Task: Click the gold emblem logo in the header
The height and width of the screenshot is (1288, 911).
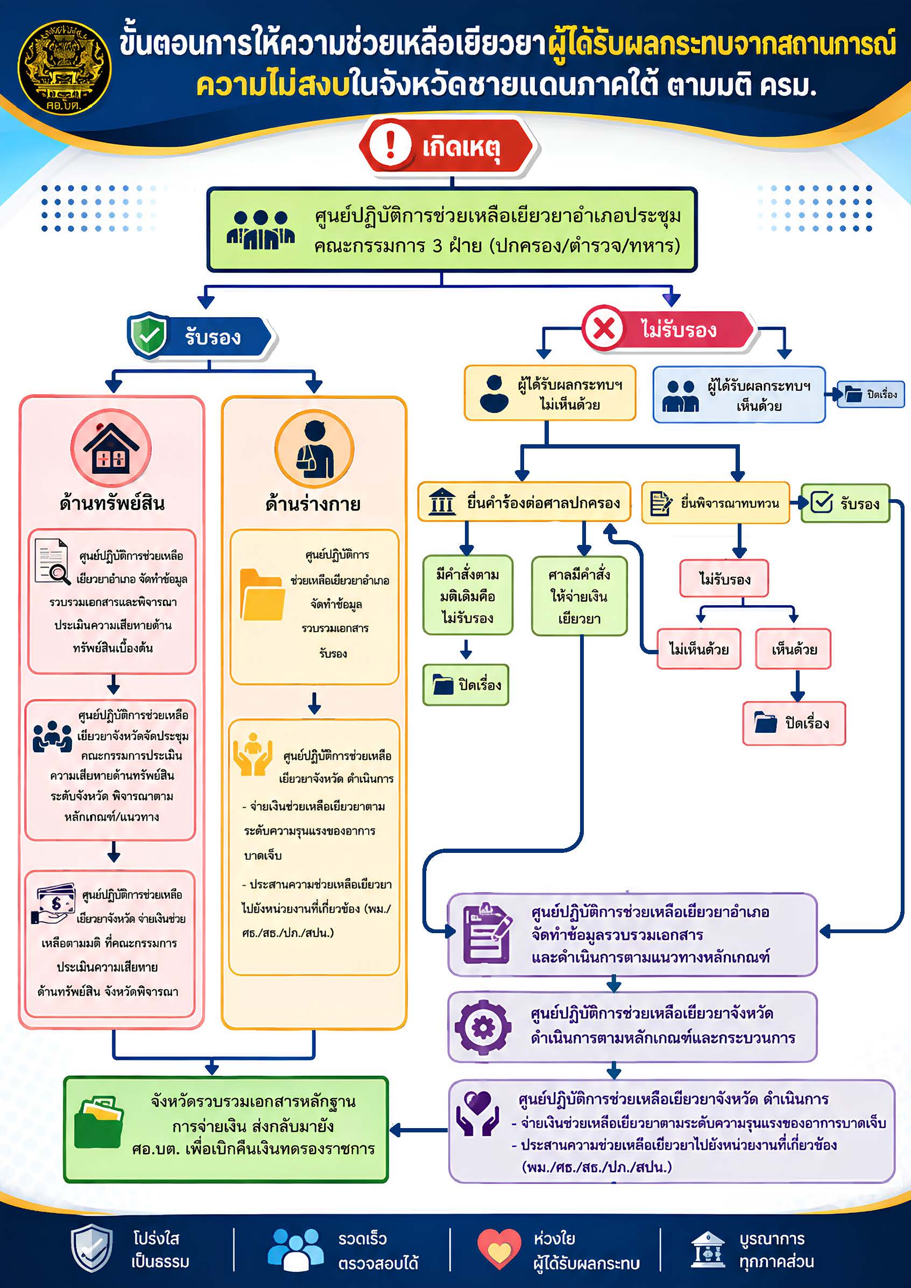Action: (65, 68)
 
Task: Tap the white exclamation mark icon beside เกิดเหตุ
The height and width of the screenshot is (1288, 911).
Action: (391, 145)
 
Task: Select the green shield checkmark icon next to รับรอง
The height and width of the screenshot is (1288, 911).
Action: (149, 335)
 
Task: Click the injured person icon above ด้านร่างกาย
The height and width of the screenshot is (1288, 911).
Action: (314, 449)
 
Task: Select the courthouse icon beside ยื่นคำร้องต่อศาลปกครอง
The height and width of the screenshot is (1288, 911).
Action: (442, 501)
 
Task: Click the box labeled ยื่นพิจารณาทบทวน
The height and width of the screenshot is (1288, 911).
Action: (715, 503)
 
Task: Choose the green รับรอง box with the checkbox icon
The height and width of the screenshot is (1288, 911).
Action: (845, 503)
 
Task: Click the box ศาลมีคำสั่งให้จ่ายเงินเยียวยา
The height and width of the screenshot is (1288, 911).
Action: (579, 596)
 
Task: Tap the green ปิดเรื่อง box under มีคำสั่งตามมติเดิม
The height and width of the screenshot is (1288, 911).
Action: (465, 685)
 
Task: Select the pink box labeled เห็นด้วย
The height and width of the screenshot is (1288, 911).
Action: (793, 649)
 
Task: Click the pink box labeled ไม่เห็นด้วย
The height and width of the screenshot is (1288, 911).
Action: (698, 649)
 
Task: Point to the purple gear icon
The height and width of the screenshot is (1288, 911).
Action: (483, 1027)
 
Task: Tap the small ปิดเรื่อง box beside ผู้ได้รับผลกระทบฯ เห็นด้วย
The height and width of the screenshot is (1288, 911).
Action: (871, 394)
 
